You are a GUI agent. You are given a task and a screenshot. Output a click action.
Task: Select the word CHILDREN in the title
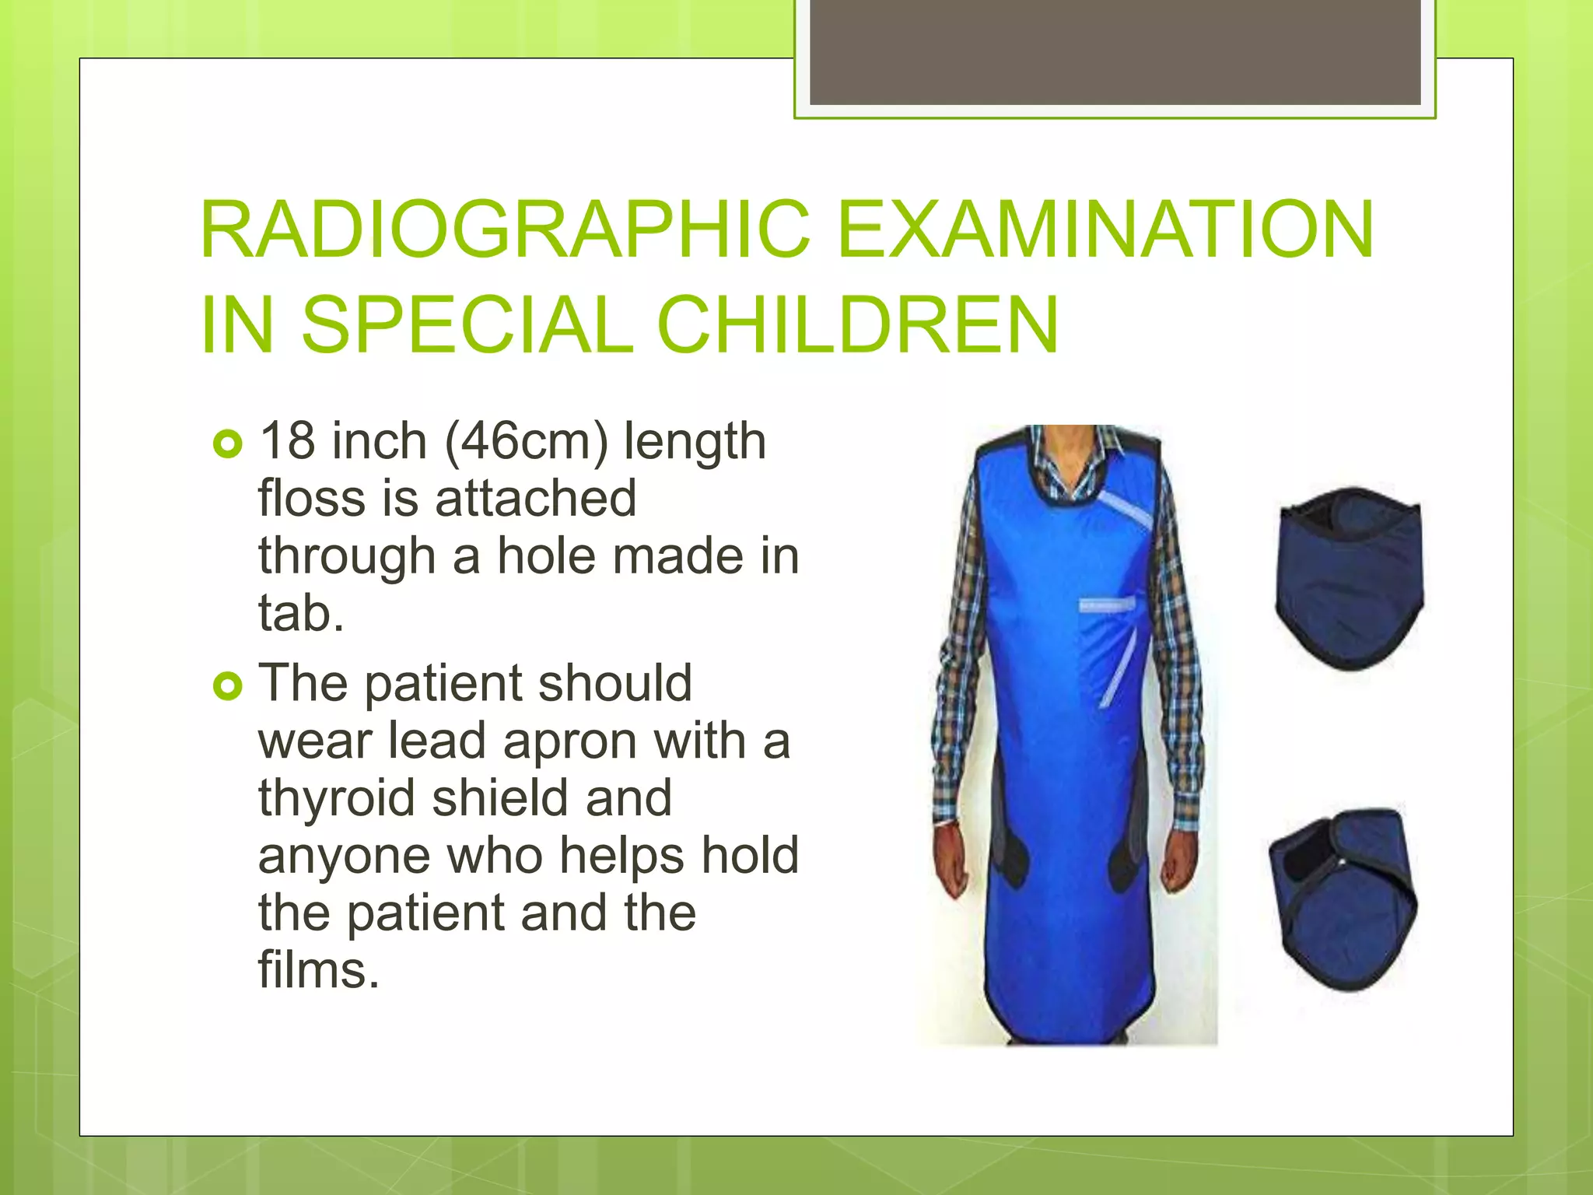coord(858,324)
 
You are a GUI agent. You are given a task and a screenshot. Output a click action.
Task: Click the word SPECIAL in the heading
coord(467,324)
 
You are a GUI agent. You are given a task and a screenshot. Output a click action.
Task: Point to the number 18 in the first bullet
coord(287,441)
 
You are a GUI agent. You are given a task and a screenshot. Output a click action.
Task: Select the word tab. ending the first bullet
coord(301,613)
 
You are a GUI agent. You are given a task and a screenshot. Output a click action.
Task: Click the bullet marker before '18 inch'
coord(227,444)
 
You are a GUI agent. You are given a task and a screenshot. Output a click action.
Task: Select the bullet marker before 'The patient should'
coord(227,685)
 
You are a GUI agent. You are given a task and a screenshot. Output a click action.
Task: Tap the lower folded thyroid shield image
coord(1343,899)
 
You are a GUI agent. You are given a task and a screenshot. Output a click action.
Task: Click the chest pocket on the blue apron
coord(1105,605)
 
